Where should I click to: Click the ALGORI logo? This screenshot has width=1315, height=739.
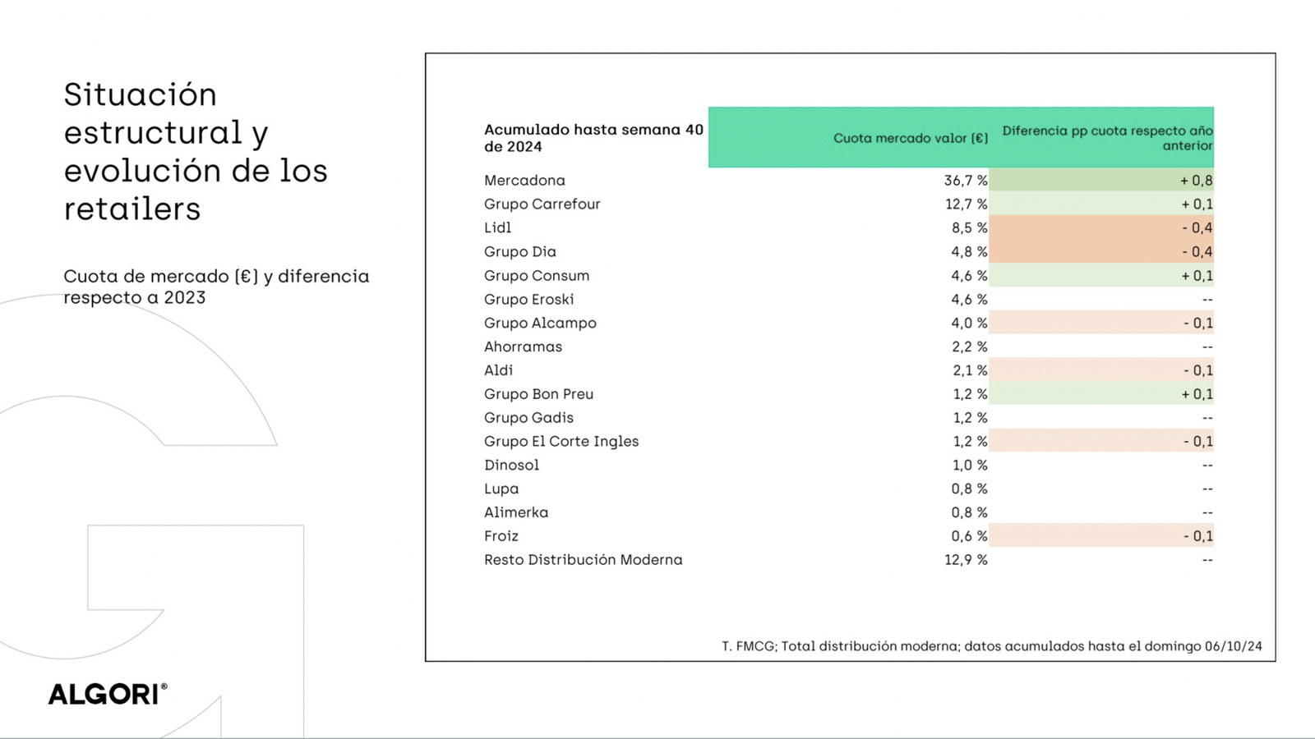(107, 694)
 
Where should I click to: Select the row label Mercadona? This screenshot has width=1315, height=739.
(524, 181)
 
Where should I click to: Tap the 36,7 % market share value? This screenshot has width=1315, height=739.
(966, 181)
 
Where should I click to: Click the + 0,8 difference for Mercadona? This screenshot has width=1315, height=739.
(1196, 181)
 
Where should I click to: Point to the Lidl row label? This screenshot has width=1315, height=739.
(497, 228)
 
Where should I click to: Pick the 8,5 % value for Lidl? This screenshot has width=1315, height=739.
(969, 228)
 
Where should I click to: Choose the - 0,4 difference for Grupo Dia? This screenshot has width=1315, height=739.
(1197, 252)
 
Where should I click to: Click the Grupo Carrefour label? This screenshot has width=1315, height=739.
(542, 204)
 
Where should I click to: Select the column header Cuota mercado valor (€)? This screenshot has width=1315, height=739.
(910, 138)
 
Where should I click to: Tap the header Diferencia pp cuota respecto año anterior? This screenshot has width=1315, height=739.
(1106, 138)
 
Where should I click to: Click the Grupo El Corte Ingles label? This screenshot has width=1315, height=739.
(561, 442)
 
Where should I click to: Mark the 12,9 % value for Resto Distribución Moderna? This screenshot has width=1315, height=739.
(966, 560)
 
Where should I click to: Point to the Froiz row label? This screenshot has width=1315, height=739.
(501, 536)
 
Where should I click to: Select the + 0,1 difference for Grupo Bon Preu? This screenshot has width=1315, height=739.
(1197, 394)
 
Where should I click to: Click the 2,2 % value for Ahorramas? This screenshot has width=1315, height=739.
(969, 347)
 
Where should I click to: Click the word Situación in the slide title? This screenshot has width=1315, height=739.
(141, 95)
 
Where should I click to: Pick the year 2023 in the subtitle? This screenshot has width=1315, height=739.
(184, 298)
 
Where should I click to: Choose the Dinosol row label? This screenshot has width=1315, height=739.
(511, 466)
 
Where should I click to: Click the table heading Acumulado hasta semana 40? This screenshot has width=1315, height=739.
(593, 130)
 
